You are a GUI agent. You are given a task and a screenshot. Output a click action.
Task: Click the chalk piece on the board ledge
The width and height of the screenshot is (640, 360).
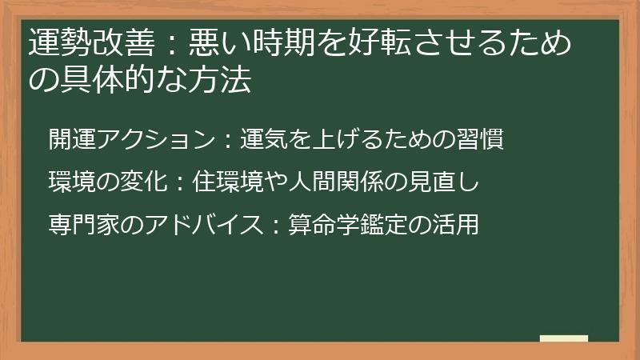point(563,338)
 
